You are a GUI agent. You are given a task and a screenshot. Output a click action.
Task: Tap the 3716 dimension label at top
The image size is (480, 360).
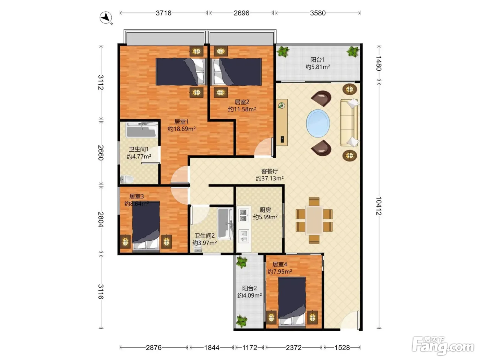coord(164,13)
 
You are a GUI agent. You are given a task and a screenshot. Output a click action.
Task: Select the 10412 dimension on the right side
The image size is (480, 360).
coord(379,206)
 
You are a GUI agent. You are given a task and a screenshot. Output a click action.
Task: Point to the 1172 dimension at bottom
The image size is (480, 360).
coord(250,347)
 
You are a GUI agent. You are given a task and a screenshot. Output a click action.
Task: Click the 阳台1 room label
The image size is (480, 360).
coord(317,60)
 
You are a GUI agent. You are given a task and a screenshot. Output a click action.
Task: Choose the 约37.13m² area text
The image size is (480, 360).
coord(269,178)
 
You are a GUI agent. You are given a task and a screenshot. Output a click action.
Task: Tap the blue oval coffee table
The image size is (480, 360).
coord(318,123)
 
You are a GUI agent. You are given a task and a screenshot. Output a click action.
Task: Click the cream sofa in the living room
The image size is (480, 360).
coord(349,122)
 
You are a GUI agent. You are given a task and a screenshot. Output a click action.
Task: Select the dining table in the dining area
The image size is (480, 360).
coord(314,220)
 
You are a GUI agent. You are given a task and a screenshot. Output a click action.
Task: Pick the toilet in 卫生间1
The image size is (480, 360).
coord(127,179)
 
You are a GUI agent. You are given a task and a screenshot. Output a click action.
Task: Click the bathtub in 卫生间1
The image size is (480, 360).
coord(142,130)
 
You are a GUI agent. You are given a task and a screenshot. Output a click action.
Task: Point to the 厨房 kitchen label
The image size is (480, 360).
coord(265,210)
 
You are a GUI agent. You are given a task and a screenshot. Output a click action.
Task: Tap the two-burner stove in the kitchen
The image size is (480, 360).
coord(244,215)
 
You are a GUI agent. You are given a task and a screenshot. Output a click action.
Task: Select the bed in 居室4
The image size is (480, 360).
coord(292,302)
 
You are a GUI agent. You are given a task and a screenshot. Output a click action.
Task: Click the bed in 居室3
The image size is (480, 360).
coord(146,226)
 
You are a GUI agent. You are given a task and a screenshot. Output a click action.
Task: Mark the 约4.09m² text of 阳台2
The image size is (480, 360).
coord(250,296)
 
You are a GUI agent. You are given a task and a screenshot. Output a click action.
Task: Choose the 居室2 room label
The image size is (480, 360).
coord(242,102)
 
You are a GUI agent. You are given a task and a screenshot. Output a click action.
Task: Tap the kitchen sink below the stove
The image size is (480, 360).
coord(244,236)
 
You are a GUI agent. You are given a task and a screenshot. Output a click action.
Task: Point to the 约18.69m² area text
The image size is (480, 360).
coord(181,129)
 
